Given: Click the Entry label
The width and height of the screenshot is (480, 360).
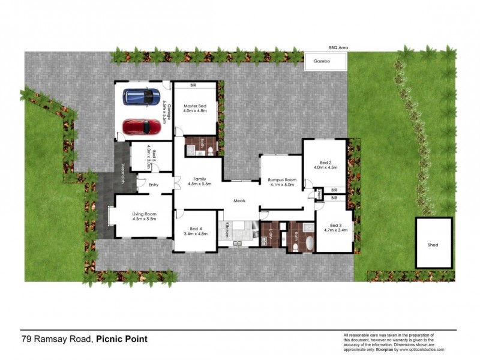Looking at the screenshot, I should click(153, 184).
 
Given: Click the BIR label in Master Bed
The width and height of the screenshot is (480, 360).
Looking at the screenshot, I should click(194, 86).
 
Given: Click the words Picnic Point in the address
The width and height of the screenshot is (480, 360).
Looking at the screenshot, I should click(122, 340).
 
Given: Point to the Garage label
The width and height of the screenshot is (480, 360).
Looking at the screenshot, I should click(170, 112).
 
